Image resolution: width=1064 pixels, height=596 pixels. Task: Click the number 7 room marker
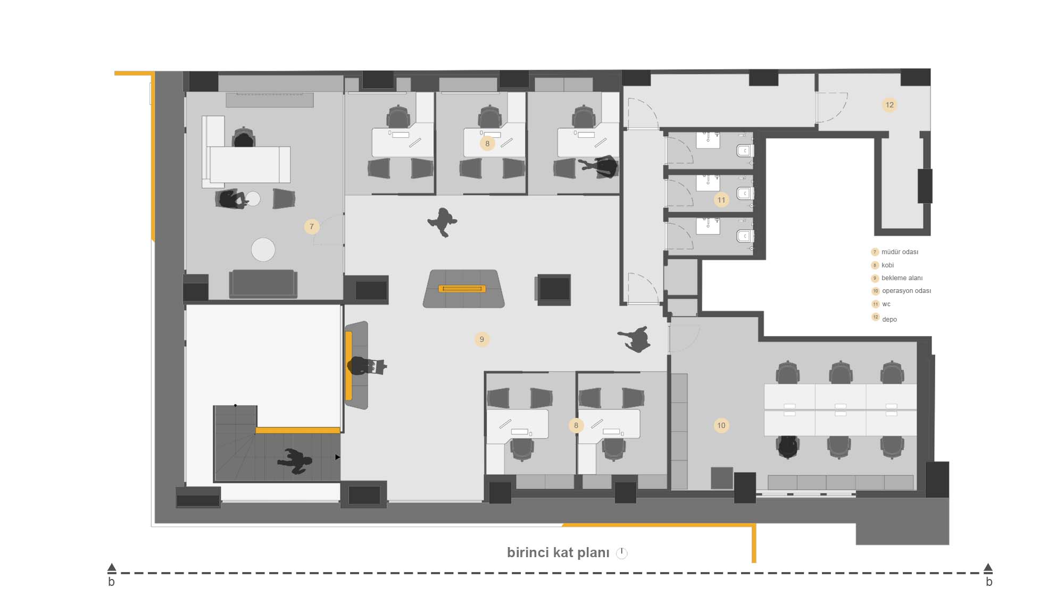tap(312, 226)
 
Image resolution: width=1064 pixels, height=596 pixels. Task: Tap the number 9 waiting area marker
tap(482, 339)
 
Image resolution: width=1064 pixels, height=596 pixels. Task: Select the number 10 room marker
tap(721, 425)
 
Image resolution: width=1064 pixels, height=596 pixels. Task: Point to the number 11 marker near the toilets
tap(721, 200)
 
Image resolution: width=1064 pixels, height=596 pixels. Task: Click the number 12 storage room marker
tap(890, 105)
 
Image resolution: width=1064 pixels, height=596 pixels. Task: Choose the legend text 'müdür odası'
tap(900, 252)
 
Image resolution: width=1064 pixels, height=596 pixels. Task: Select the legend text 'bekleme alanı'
tap(902, 278)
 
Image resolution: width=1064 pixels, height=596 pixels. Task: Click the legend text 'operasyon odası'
tap(907, 291)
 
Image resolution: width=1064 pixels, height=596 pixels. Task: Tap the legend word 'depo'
tap(890, 320)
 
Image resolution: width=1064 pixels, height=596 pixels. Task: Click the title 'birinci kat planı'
tap(558, 552)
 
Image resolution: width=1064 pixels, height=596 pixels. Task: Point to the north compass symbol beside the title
tap(621, 553)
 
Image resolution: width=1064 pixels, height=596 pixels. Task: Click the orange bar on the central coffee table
tap(462, 289)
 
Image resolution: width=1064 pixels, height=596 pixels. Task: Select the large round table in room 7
tap(263, 249)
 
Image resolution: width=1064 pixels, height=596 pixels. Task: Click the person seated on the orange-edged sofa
tap(365, 366)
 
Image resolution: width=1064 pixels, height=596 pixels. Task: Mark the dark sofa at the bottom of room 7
tap(263, 284)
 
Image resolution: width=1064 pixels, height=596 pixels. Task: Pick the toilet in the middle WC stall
tap(744, 193)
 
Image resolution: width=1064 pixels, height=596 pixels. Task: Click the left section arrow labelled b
tap(112, 568)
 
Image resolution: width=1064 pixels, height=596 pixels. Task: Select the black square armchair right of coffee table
tap(553, 290)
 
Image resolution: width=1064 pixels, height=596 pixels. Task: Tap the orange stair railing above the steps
tap(298, 430)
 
